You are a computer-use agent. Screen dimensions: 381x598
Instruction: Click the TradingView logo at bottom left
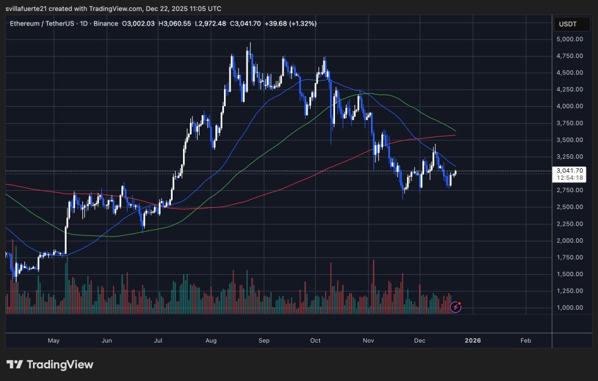click(x=50, y=365)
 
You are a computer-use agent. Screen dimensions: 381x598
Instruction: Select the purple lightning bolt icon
click(x=456, y=307)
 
